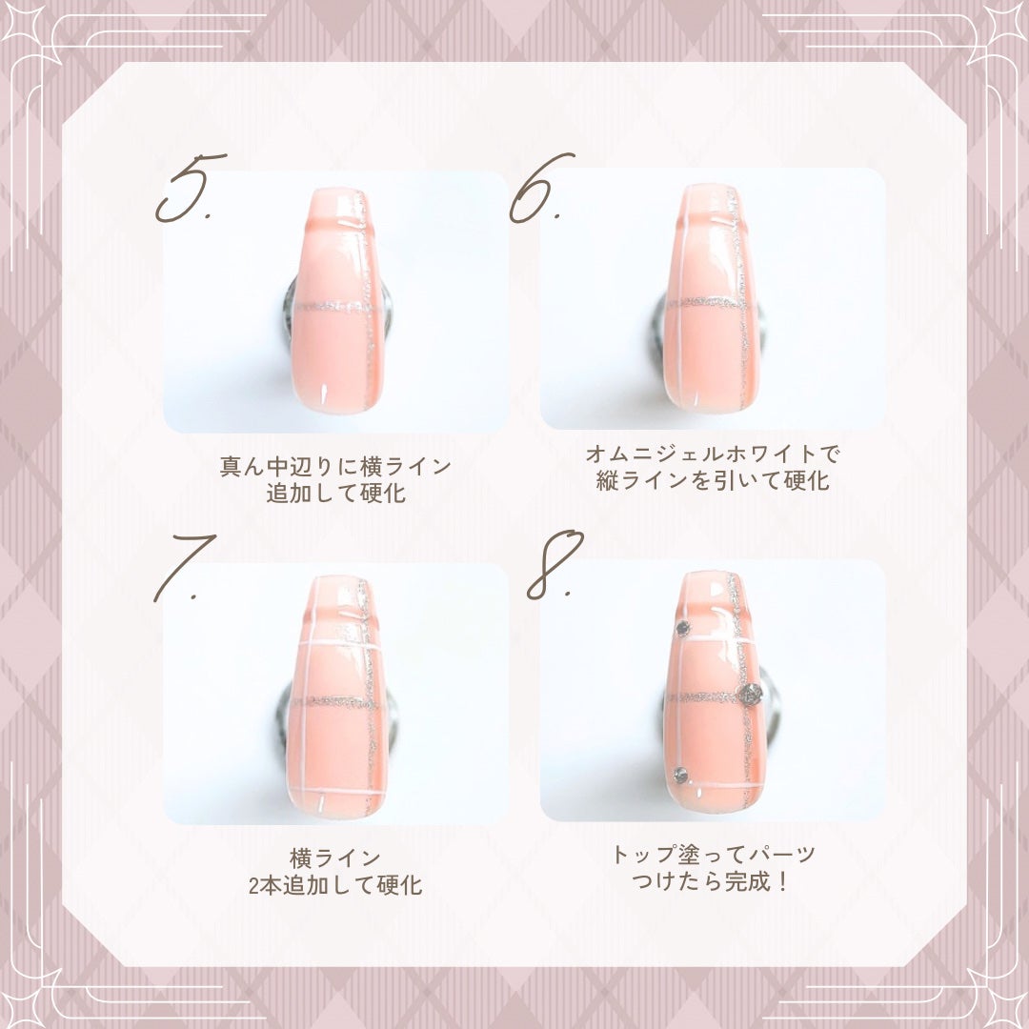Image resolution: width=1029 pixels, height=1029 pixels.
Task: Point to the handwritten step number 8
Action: coord(553,564)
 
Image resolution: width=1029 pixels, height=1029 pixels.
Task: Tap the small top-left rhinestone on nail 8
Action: coord(682,627)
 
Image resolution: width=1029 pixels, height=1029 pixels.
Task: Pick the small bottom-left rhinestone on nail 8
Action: coord(679,775)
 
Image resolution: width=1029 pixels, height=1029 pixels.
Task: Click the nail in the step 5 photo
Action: coord(338,300)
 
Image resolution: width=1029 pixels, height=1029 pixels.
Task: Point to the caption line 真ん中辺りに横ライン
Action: coord(335,467)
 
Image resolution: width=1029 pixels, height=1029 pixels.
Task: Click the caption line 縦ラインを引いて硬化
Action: coord(713,481)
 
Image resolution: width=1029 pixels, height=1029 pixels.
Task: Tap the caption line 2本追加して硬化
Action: coord(335,885)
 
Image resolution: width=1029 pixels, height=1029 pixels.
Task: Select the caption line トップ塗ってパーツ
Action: coord(713,855)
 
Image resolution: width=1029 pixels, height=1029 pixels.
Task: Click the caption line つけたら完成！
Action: coord(713,882)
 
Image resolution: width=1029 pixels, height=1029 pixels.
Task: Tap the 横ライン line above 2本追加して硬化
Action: coord(335,857)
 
